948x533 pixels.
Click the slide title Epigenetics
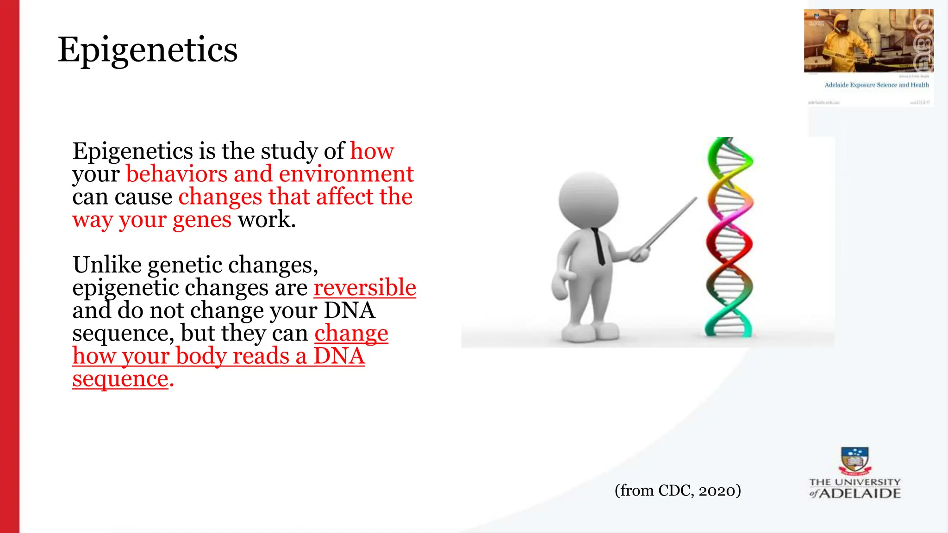click(x=147, y=50)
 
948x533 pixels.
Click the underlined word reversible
click(x=365, y=287)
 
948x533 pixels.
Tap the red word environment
click(x=346, y=174)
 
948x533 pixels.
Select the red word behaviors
click(x=176, y=174)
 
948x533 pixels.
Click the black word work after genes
click(x=266, y=219)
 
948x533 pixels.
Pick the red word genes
click(x=202, y=219)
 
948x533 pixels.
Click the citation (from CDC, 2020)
click(x=678, y=490)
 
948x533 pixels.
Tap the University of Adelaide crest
click(x=854, y=461)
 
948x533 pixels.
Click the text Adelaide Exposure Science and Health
click(x=876, y=85)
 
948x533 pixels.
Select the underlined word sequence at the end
click(x=120, y=379)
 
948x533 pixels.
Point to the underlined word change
click(x=351, y=333)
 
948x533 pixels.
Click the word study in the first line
click(x=288, y=151)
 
